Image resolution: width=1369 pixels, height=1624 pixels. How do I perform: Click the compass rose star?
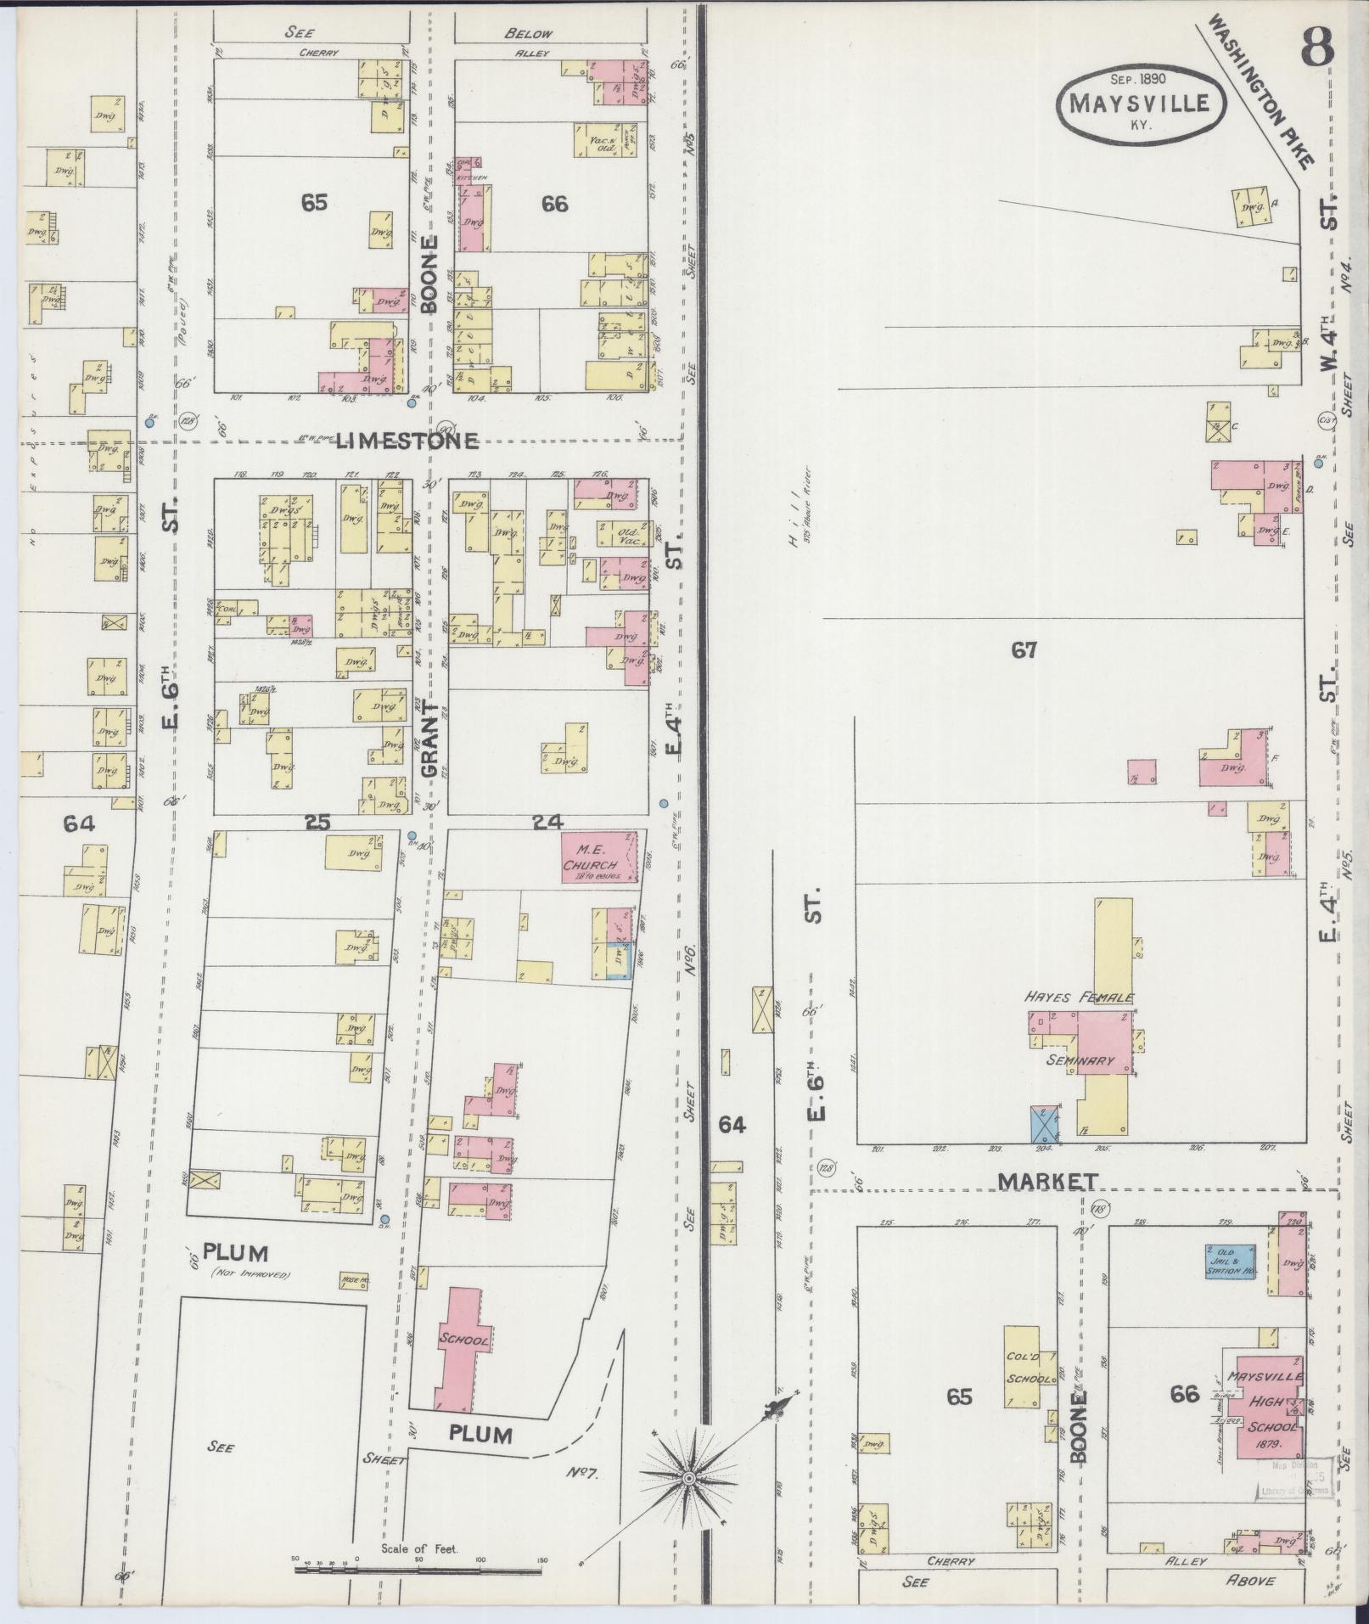pyautogui.click(x=690, y=1480)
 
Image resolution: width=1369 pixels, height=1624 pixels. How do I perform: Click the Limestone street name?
pyautogui.click(x=407, y=441)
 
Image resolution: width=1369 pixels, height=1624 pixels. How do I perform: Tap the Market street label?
pyautogui.click(x=1047, y=1182)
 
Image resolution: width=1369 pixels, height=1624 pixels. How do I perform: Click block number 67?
pyautogui.click(x=1024, y=651)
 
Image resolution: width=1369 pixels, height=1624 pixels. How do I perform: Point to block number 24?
pyautogui.click(x=542, y=822)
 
